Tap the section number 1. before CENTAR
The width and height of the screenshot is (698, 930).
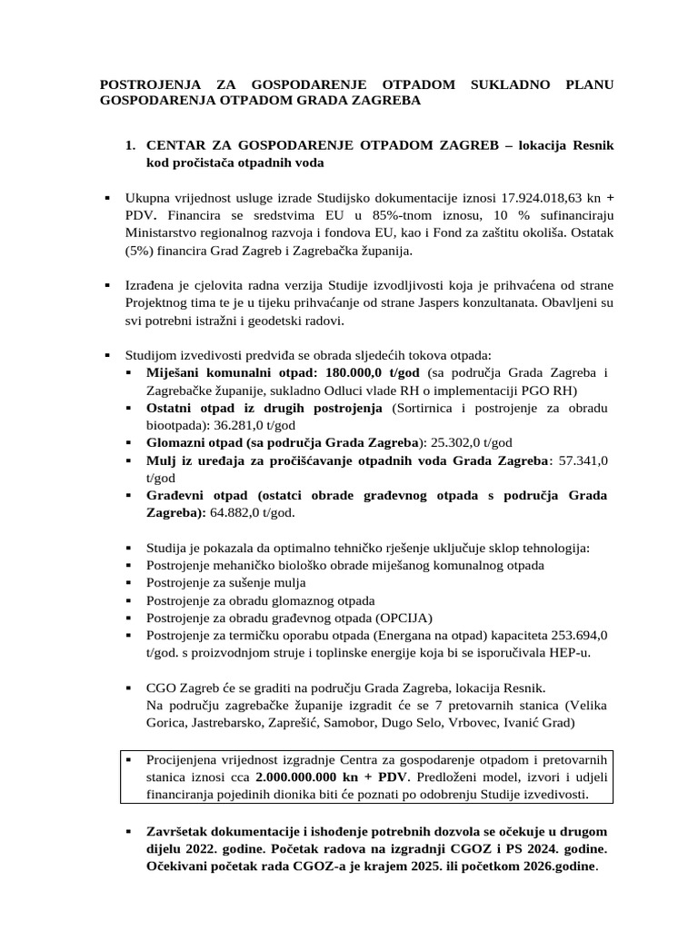coord(130,145)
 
